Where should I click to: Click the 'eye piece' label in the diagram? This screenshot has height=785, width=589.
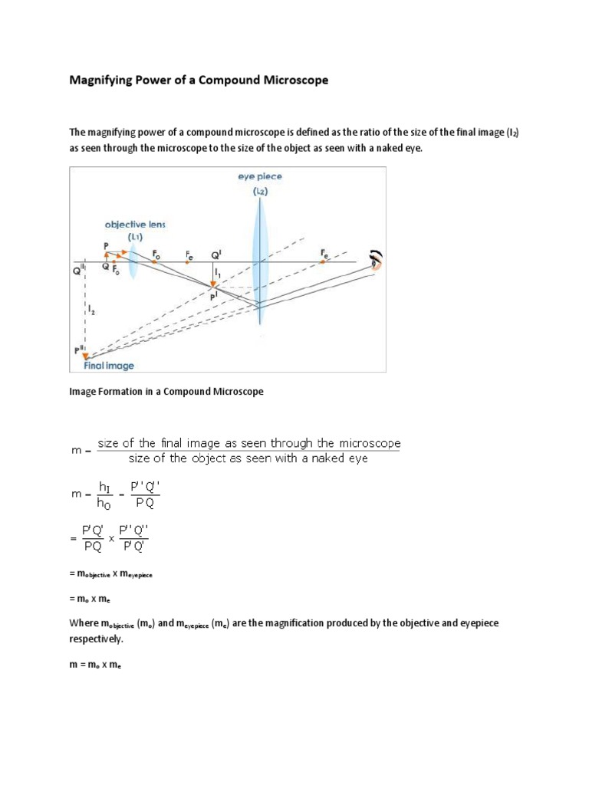[x=259, y=176]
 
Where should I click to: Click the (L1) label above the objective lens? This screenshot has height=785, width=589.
[x=135, y=238]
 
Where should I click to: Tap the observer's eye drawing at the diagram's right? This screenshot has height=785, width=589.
[x=375, y=261]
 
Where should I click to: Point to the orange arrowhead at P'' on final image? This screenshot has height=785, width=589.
[x=86, y=355]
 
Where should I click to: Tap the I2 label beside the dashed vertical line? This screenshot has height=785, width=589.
[x=93, y=310]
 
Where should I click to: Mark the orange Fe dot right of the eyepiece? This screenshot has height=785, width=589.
[x=322, y=261]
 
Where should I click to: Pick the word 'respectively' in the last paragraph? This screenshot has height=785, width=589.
[x=96, y=638]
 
